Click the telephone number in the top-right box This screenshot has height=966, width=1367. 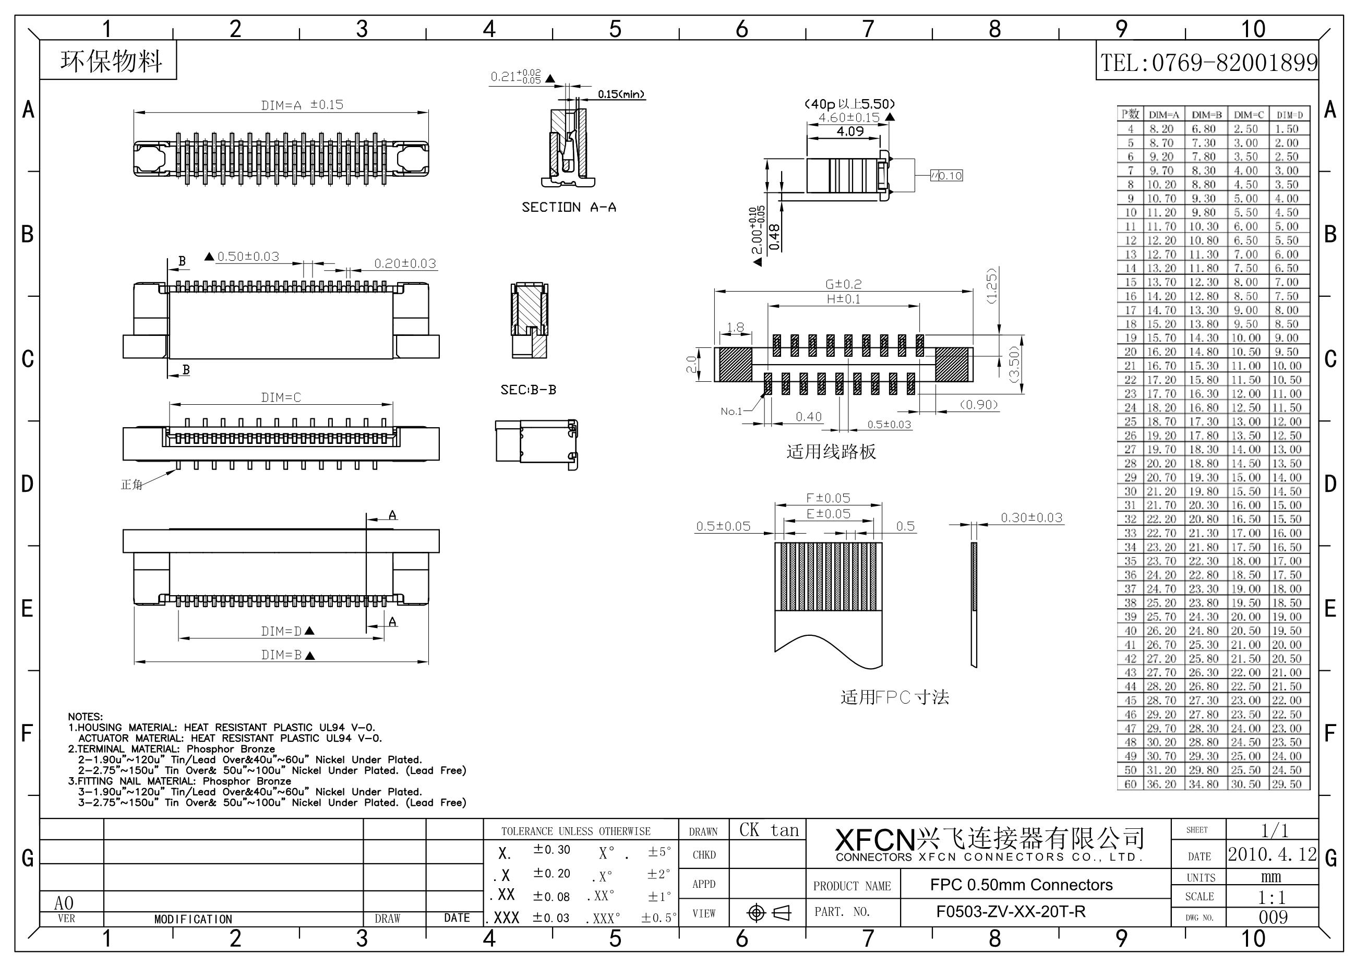tap(1208, 63)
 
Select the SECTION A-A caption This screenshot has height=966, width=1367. tap(569, 207)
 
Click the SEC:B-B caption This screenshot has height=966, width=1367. tap(528, 390)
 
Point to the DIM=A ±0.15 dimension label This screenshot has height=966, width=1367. tap(302, 105)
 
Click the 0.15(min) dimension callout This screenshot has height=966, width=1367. tap(621, 94)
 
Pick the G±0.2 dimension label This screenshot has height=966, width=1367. tap(843, 284)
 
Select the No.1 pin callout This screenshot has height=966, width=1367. tap(731, 411)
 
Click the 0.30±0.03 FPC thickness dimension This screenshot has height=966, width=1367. tap(1031, 518)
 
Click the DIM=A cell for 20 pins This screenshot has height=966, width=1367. tap(1161, 352)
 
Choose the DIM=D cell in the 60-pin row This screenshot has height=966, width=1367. tap(1287, 784)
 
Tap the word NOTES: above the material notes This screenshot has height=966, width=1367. tap(85, 717)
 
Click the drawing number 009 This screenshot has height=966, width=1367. tap(1273, 917)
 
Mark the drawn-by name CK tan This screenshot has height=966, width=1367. tap(769, 830)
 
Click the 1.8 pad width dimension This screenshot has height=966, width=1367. tap(735, 328)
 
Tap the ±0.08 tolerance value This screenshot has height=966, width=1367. tap(551, 896)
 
